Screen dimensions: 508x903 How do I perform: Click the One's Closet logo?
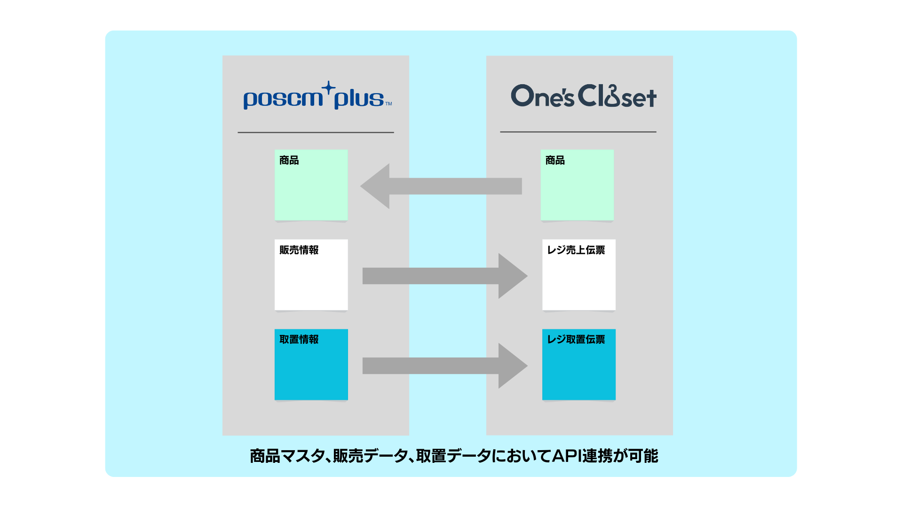[x=583, y=96]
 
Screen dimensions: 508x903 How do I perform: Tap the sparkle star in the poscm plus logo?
[x=329, y=88]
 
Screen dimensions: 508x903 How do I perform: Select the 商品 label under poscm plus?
[x=289, y=160]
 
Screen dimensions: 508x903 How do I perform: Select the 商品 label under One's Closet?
[x=555, y=160]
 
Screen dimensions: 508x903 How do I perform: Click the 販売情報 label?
[x=299, y=250]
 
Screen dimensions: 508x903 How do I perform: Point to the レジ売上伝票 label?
[x=576, y=250]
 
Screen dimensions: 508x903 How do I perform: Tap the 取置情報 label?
[x=299, y=340]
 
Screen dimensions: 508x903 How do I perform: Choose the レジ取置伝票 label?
[x=576, y=340]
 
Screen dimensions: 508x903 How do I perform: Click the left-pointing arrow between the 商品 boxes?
[x=437, y=186]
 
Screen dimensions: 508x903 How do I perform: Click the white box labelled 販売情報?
[x=311, y=282]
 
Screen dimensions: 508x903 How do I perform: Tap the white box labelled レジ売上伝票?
[x=579, y=282]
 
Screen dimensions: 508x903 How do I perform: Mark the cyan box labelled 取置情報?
[x=311, y=372]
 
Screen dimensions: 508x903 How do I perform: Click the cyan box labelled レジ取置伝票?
[x=579, y=372]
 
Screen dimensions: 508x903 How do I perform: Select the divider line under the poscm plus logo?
[x=316, y=133]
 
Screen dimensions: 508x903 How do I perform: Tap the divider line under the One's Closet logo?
[x=578, y=132]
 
